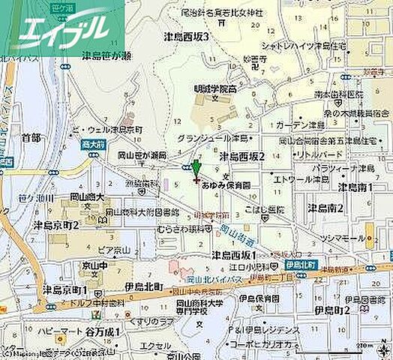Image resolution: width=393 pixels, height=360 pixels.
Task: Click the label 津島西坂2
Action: pos(242,156)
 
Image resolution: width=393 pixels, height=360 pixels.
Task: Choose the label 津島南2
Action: pos(325,208)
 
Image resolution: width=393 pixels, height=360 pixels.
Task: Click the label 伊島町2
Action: pos(334,309)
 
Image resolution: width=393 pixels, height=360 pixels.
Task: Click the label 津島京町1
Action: pos(64,289)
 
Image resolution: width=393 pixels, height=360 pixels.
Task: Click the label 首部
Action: pos(31,137)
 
